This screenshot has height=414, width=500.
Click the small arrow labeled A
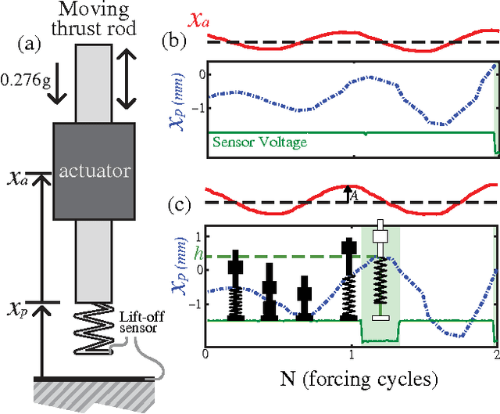click(x=347, y=193)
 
